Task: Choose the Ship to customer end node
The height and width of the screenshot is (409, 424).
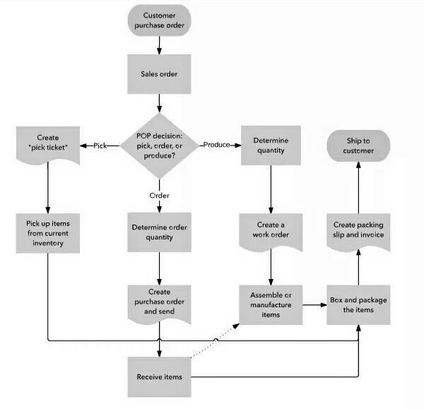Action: [359, 146]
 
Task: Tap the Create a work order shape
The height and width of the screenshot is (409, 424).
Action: [271, 230]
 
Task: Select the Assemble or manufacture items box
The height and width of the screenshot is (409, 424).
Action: [271, 304]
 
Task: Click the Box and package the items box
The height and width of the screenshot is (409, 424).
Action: [358, 304]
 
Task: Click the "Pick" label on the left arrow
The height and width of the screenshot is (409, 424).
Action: [100, 146]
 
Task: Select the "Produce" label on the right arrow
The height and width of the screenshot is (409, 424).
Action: [217, 145]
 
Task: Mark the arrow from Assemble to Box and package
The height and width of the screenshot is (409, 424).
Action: [314, 304]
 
